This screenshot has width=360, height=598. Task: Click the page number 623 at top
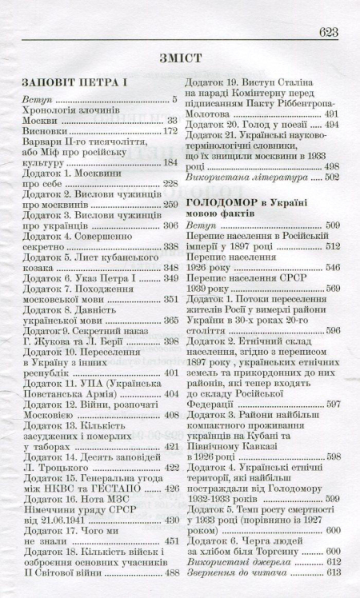point(330,32)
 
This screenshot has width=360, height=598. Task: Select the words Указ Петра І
point(99,278)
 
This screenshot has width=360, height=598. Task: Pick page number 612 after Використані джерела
point(331,560)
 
